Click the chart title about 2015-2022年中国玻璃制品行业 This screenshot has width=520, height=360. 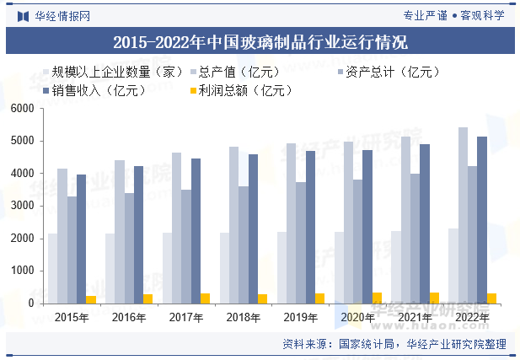tap(260, 41)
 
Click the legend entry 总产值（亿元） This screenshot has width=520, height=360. tap(235, 73)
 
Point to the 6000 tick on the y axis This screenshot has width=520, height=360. tap(22, 109)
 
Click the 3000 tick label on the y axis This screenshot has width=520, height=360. tap(22, 206)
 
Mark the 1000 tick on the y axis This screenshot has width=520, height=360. tap(22, 271)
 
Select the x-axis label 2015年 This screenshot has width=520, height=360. tap(72, 317)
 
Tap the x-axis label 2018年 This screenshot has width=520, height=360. tap(243, 317)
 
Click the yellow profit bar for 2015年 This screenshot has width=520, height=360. tap(91, 299)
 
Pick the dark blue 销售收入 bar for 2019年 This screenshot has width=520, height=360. tap(310, 228)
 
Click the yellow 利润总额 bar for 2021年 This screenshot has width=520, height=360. tap(434, 298)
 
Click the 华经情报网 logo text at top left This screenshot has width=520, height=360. tap(62, 15)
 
